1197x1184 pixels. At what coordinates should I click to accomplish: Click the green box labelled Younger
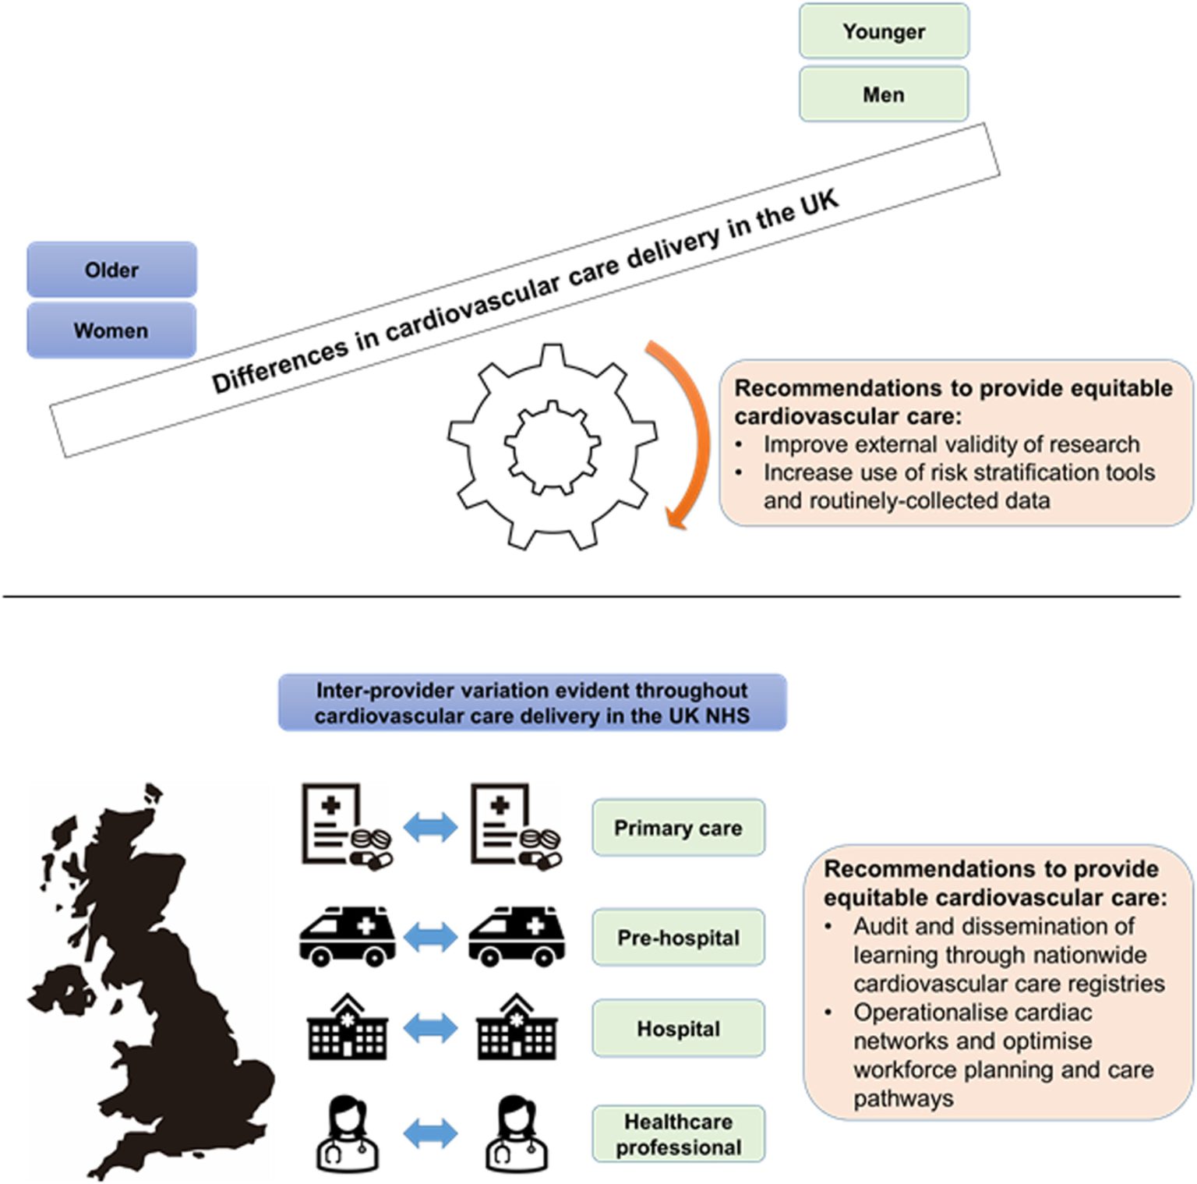pyautogui.click(x=884, y=31)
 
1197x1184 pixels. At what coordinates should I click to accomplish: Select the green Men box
pyautogui.click(x=884, y=94)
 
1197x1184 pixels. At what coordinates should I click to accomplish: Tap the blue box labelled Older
pyautogui.click(x=111, y=270)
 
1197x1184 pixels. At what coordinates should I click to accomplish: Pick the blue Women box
pyautogui.click(x=111, y=330)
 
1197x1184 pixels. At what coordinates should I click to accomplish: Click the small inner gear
pyautogui.click(x=553, y=447)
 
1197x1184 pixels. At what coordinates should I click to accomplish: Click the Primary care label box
pyautogui.click(x=678, y=828)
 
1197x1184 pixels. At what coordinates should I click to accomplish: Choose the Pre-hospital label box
pyautogui.click(x=678, y=937)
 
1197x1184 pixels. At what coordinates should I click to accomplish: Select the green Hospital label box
pyautogui.click(x=678, y=1029)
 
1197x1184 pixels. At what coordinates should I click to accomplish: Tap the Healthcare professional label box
pyautogui.click(x=678, y=1134)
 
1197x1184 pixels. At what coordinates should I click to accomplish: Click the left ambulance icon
pyautogui.click(x=348, y=937)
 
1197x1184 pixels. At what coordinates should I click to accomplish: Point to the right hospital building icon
pyautogui.click(x=517, y=1027)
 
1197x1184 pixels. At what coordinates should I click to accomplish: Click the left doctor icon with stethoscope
pyautogui.click(x=348, y=1133)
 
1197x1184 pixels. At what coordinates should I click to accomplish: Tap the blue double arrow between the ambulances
pyautogui.click(x=431, y=937)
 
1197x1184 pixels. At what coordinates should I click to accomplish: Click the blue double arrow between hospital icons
pyautogui.click(x=431, y=1029)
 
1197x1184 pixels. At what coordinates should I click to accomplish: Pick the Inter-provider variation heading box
pyautogui.click(x=532, y=703)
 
